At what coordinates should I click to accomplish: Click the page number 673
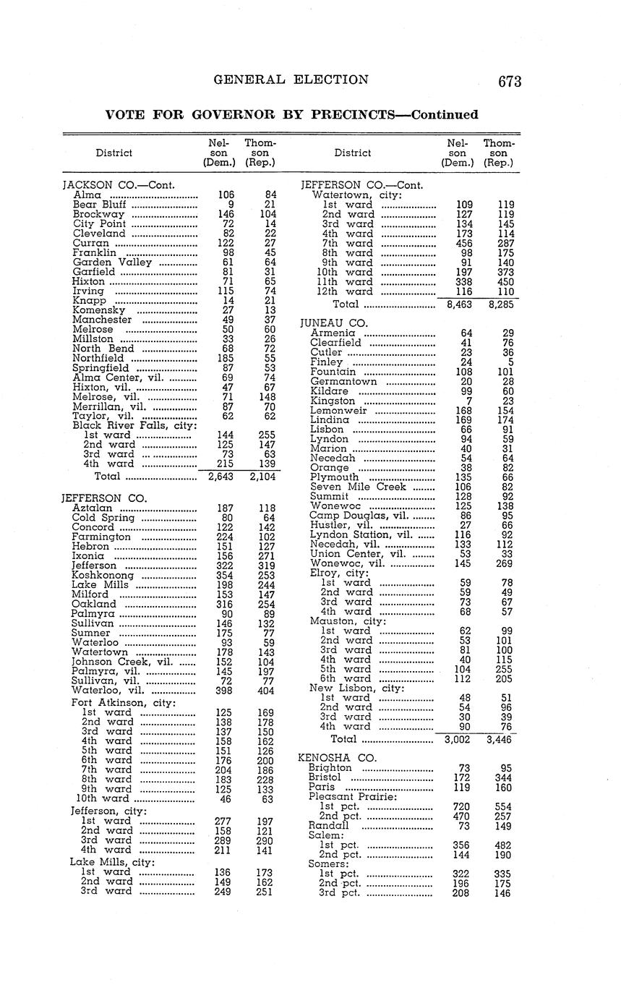(509, 82)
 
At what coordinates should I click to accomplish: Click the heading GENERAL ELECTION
(291, 80)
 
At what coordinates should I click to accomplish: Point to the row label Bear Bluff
(100, 205)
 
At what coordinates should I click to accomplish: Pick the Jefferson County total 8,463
(455, 305)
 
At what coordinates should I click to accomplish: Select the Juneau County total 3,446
(499, 739)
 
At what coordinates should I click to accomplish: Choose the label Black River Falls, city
(134, 425)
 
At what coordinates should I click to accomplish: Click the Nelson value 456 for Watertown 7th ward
(463, 244)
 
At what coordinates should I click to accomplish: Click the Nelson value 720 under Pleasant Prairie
(461, 806)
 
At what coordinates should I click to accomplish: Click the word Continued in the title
(444, 115)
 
